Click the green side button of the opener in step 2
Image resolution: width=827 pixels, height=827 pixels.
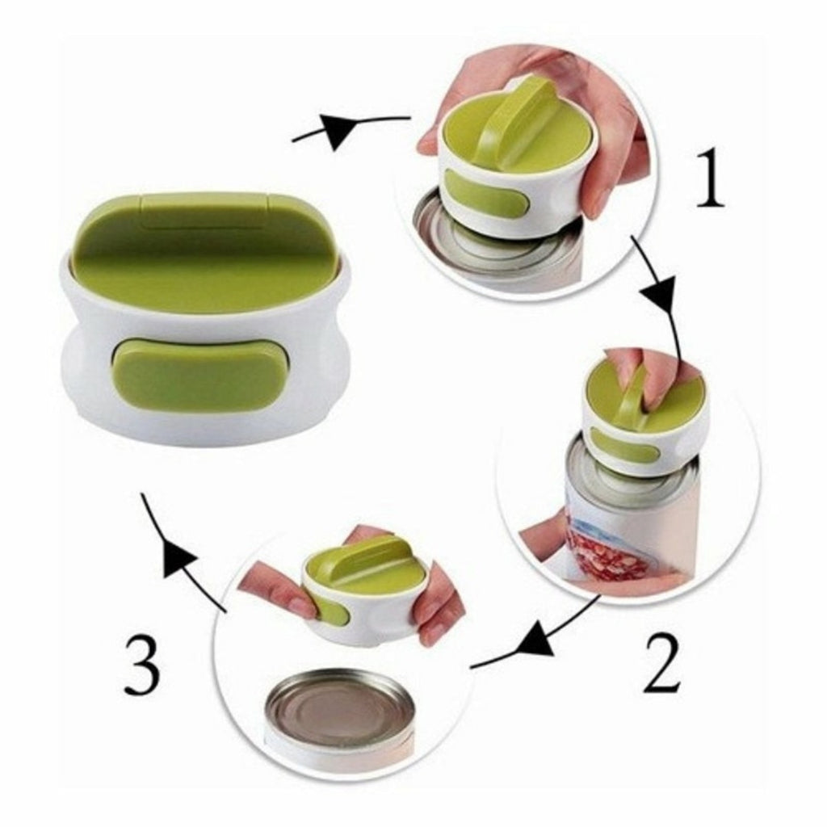(x=623, y=446)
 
